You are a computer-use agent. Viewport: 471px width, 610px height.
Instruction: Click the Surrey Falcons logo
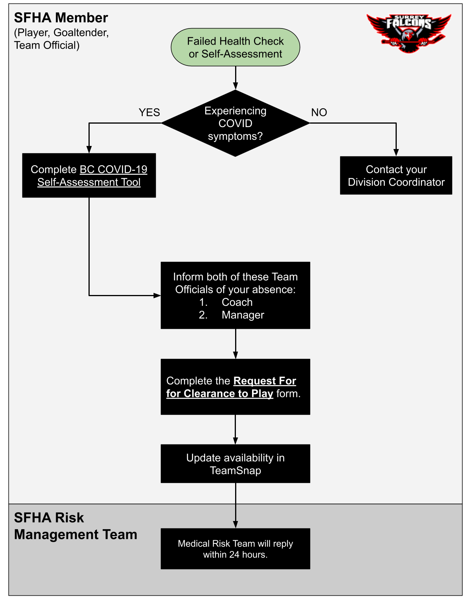(409, 33)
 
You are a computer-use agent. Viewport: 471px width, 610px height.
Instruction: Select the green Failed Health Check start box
(235, 47)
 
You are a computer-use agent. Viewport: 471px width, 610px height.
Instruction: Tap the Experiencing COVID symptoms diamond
(235, 123)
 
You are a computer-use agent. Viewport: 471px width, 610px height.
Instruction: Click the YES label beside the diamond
(149, 112)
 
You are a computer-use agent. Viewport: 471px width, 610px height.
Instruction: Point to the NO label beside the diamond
(319, 112)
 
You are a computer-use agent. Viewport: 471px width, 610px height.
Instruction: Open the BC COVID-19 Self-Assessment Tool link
(93, 176)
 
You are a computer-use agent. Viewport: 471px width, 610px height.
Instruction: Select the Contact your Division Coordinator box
(396, 176)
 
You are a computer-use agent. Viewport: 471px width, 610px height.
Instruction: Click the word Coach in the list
(237, 302)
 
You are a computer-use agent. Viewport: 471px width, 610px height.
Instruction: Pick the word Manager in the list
(243, 315)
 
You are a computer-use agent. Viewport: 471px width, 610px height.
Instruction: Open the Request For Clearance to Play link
(231, 387)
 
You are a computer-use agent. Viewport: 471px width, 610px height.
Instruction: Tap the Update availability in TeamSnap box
(235, 463)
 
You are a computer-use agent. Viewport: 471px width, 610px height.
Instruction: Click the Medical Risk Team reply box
(235, 548)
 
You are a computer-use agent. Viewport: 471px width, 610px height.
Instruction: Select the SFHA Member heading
(61, 18)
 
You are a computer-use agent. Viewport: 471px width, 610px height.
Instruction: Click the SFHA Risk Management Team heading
(75, 526)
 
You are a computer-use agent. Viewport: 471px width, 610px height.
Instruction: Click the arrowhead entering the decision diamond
(235, 86)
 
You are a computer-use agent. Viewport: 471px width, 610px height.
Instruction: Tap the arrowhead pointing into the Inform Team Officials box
(157, 295)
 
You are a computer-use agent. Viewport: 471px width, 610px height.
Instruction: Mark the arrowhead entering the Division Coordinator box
(396, 153)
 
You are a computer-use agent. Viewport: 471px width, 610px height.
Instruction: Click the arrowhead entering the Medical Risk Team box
(235, 525)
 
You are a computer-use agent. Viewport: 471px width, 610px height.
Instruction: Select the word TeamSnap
(235, 471)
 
